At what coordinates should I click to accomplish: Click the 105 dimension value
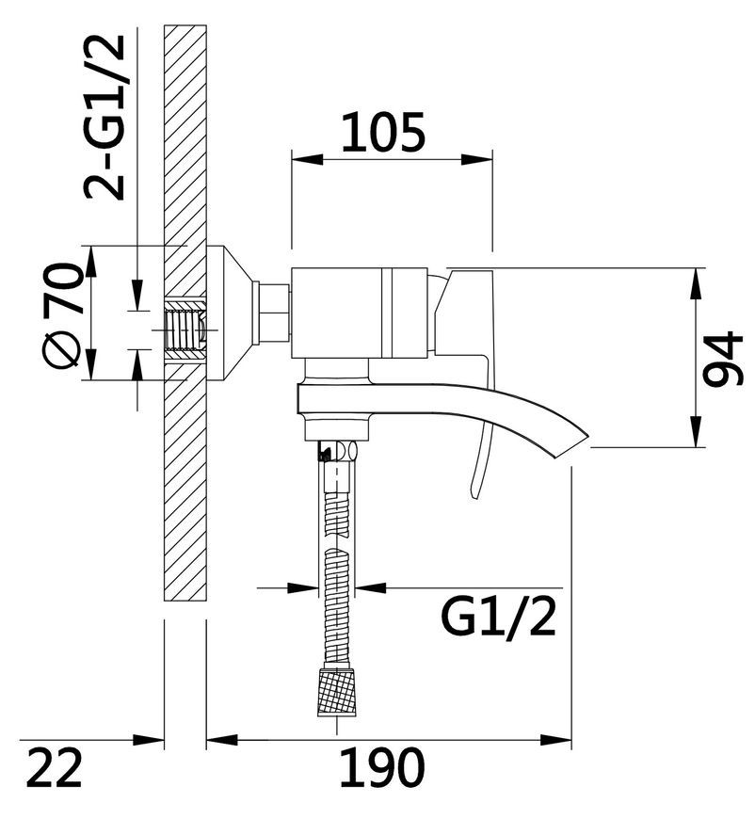[383, 133]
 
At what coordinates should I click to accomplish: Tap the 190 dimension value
[382, 767]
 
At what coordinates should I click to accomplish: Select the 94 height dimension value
[723, 359]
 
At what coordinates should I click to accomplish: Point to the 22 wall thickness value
[55, 767]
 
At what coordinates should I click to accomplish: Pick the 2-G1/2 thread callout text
[104, 117]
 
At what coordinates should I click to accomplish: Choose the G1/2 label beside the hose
[498, 617]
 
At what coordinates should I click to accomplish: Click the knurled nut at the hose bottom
[338, 691]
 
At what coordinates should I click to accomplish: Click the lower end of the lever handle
[474, 496]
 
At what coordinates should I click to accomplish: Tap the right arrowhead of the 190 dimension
[555, 740]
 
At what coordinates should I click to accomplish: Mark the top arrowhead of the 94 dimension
[697, 283]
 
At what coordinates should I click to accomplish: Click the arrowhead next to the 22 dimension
[149, 740]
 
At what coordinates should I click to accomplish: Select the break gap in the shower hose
[337, 541]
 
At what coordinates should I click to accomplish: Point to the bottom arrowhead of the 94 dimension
[697, 431]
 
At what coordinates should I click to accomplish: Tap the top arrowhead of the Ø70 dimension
[90, 261]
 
